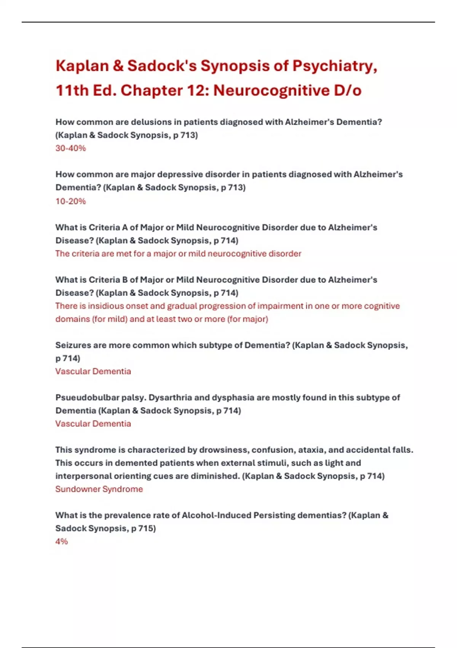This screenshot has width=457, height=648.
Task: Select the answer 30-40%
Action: pos(71,148)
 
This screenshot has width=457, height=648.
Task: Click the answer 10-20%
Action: pos(71,201)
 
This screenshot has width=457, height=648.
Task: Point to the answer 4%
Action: pos(62,541)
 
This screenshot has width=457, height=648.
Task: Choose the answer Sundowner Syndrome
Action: pos(99,489)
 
